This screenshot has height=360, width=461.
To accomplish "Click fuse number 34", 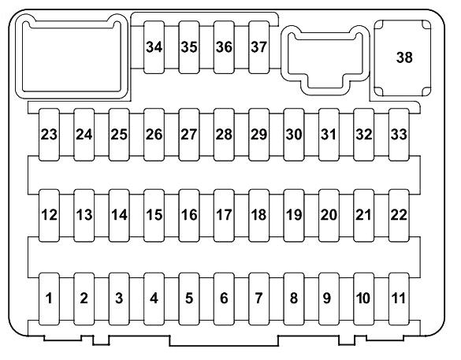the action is pos(154,47).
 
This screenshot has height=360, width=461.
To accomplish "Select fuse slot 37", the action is pos(259,47).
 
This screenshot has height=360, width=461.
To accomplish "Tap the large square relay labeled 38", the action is pos(403,58).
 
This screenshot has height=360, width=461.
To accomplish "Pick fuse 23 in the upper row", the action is pos(49,135).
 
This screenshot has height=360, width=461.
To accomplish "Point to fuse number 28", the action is pos(224,135).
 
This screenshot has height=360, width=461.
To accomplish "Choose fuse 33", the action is pos(399,135).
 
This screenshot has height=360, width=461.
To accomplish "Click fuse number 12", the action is pos(49,215).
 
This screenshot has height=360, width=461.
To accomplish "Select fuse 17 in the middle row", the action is pos(224,215).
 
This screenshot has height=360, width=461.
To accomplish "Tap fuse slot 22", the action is pos(399,215).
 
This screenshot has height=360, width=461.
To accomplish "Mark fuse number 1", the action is pos(49,299).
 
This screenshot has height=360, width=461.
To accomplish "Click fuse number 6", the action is pos(224,299).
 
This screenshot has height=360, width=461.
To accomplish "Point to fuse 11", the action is pos(399,299).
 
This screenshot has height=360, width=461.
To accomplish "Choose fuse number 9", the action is pos(329,299).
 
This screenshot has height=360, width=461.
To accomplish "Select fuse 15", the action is pos(154,215).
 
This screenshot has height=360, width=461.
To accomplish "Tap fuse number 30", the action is pos(294,135).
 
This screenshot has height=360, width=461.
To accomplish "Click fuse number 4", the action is pos(154,299).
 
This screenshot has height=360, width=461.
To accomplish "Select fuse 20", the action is pos(329,215).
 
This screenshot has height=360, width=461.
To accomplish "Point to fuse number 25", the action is pos(119,135).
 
